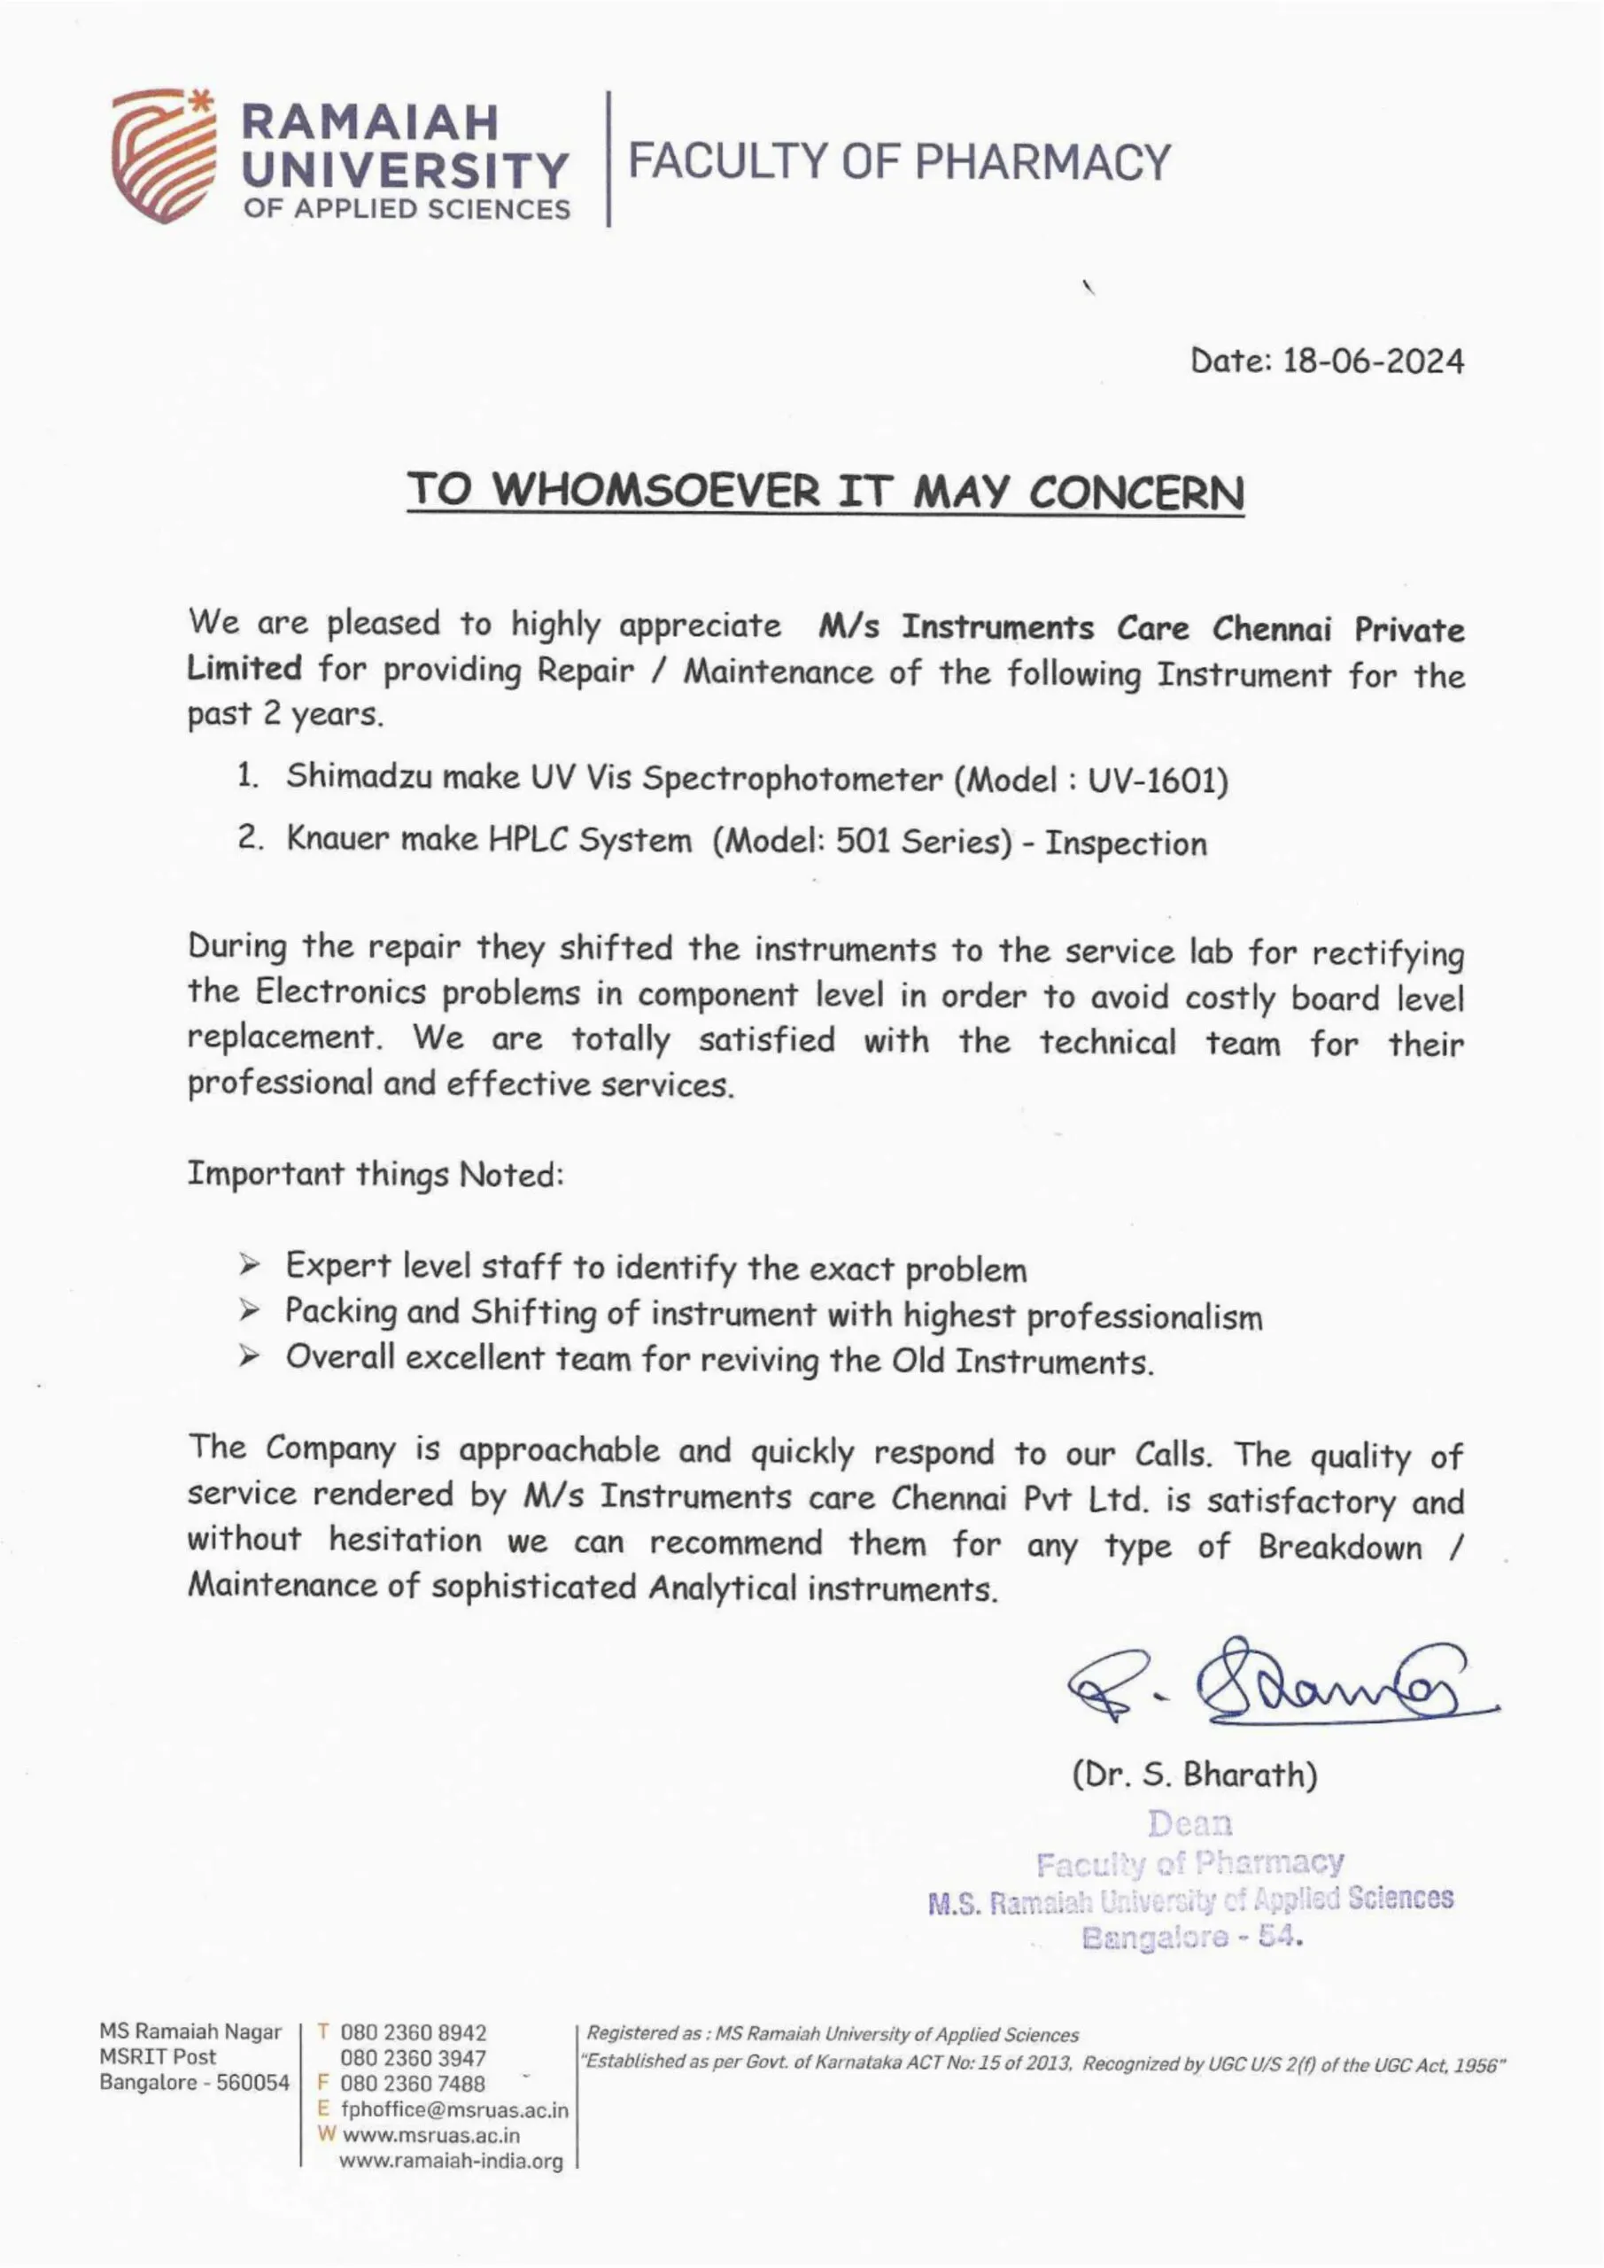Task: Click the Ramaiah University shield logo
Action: (163, 156)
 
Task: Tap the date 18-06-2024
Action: (1372, 361)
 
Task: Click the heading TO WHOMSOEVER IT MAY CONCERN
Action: (825, 491)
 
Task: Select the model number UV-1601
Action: (1157, 781)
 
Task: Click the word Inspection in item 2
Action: (1125, 843)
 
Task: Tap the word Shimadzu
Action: (360, 776)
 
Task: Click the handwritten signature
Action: (1284, 1683)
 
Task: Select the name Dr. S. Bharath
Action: (1194, 1775)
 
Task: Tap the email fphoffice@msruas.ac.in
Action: (454, 2110)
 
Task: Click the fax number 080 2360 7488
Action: (413, 2085)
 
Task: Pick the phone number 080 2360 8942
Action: (413, 2033)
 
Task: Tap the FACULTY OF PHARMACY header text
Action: (898, 162)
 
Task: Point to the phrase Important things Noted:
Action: (376, 1175)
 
